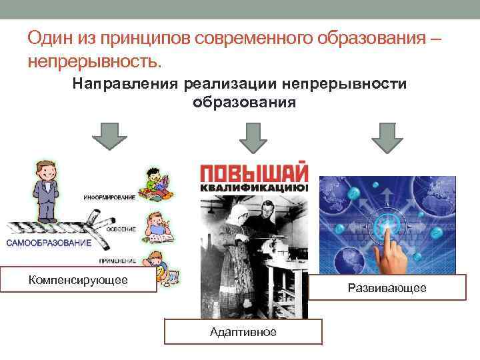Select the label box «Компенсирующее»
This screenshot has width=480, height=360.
[79, 279]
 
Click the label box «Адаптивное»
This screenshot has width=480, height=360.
[243, 331]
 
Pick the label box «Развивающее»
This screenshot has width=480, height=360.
[387, 287]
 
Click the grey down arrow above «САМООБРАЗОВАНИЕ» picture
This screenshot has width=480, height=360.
[109, 138]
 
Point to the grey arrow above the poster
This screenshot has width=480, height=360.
[252, 138]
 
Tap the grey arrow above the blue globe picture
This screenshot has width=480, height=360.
[387, 138]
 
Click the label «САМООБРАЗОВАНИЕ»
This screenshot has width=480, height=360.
[49, 243]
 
